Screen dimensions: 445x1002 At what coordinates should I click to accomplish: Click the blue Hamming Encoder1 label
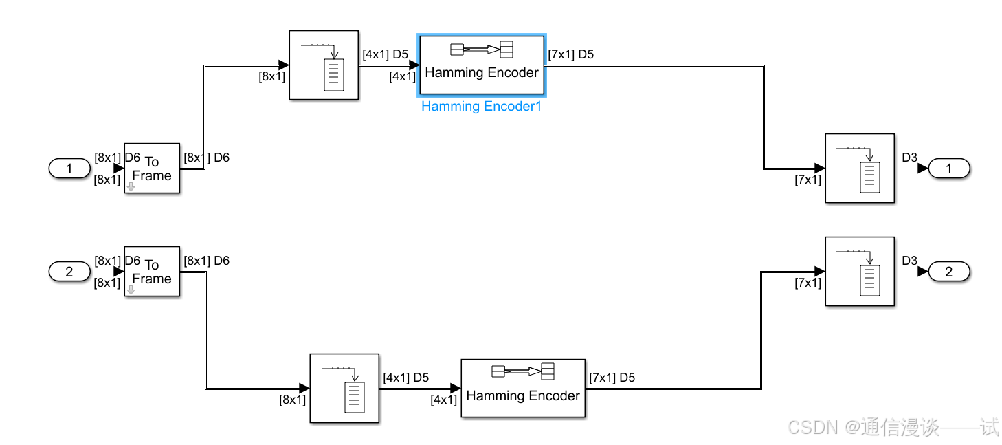[x=481, y=107]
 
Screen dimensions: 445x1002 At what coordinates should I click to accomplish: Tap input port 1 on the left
[x=69, y=168]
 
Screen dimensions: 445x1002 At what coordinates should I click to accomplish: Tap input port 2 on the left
[x=69, y=272]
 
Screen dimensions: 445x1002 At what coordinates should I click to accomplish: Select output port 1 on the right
[x=949, y=168]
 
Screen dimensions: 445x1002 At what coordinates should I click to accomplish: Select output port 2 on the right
[x=949, y=272]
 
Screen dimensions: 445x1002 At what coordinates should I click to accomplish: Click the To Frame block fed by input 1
[x=152, y=169]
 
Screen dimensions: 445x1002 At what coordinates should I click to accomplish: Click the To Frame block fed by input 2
[x=152, y=272]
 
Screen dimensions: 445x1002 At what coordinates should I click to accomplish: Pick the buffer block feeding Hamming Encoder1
[x=324, y=65]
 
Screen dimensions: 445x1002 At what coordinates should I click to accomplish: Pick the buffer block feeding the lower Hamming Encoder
[x=344, y=388]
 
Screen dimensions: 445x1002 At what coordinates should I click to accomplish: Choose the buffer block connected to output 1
[x=860, y=169]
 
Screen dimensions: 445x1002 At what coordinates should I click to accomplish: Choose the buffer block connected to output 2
[x=860, y=272]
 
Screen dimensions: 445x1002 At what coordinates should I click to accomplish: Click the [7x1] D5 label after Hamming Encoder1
[x=570, y=55]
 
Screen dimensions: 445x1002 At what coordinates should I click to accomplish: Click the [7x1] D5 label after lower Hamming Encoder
[x=612, y=378]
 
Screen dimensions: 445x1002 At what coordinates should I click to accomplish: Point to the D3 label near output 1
[x=909, y=158]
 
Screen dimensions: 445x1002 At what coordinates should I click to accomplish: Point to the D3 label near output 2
[x=909, y=261]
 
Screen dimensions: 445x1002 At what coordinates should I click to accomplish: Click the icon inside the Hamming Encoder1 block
[x=481, y=49]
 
